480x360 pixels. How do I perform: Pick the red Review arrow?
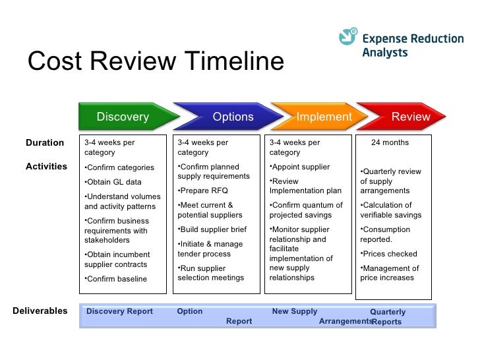(402, 117)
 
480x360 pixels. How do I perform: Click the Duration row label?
(45, 142)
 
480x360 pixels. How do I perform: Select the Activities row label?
(46, 167)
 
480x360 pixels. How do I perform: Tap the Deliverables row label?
(40, 311)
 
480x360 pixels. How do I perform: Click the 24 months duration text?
(390, 142)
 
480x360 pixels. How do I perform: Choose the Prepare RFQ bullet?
(202, 191)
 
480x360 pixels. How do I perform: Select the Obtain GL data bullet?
(113, 182)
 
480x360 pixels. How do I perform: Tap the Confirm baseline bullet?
(116, 279)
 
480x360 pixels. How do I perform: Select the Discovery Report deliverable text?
(119, 311)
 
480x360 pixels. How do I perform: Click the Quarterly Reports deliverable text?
(388, 317)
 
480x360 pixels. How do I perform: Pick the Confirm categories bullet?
(119, 167)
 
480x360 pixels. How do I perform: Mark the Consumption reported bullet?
(385, 235)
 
